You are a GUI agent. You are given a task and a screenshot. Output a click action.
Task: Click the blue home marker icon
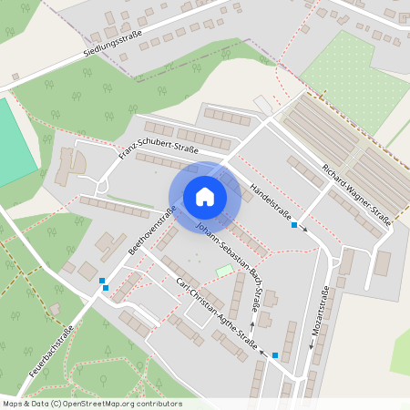tap(204, 196)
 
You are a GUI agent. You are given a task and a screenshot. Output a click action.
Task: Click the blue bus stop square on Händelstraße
tap(293, 225)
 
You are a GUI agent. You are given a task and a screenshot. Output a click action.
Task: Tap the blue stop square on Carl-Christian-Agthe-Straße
tap(275, 356)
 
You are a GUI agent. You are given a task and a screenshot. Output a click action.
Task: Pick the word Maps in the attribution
tap(13, 404)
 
